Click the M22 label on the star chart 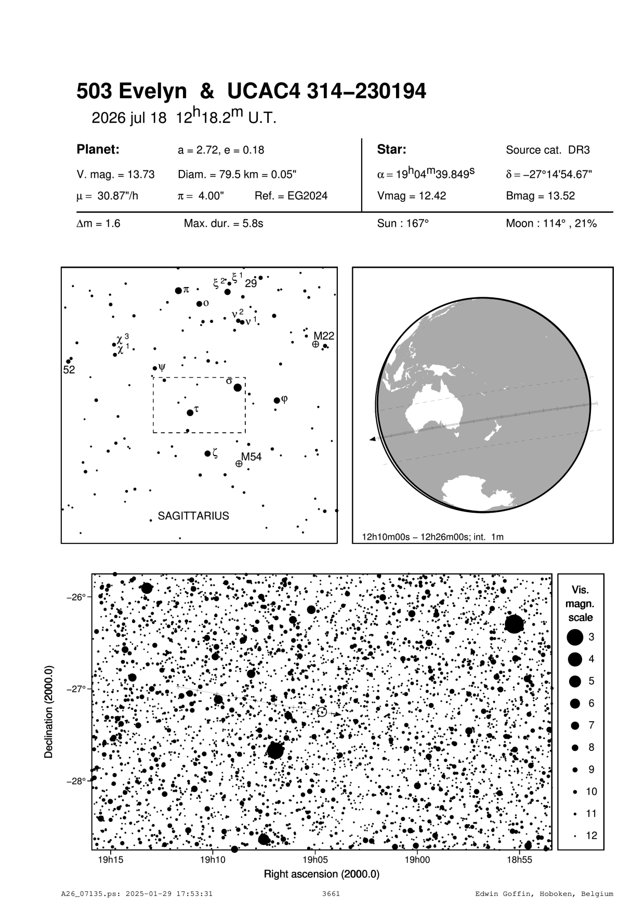point(323,336)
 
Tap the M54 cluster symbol point(239,463)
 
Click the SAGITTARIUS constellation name point(193,516)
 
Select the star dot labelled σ point(238,387)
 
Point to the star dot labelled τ point(190,412)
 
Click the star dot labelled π point(178,290)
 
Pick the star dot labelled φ point(277,400)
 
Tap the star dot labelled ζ point(207,453)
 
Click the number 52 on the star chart point(69,370)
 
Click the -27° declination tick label point(77,689)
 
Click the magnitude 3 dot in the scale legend point(575,637)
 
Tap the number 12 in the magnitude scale point(592,836)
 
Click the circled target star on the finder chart point(322,712)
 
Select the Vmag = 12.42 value point(411,196)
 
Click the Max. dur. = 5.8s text point(224,224)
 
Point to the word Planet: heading point(98,150)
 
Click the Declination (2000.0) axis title point(49,711)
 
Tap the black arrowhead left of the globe point(372,440)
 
